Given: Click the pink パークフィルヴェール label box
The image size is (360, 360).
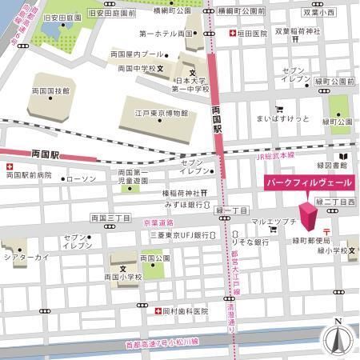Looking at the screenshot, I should [308, 182].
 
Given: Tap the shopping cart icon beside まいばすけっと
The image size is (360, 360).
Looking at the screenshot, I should [278, 109].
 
